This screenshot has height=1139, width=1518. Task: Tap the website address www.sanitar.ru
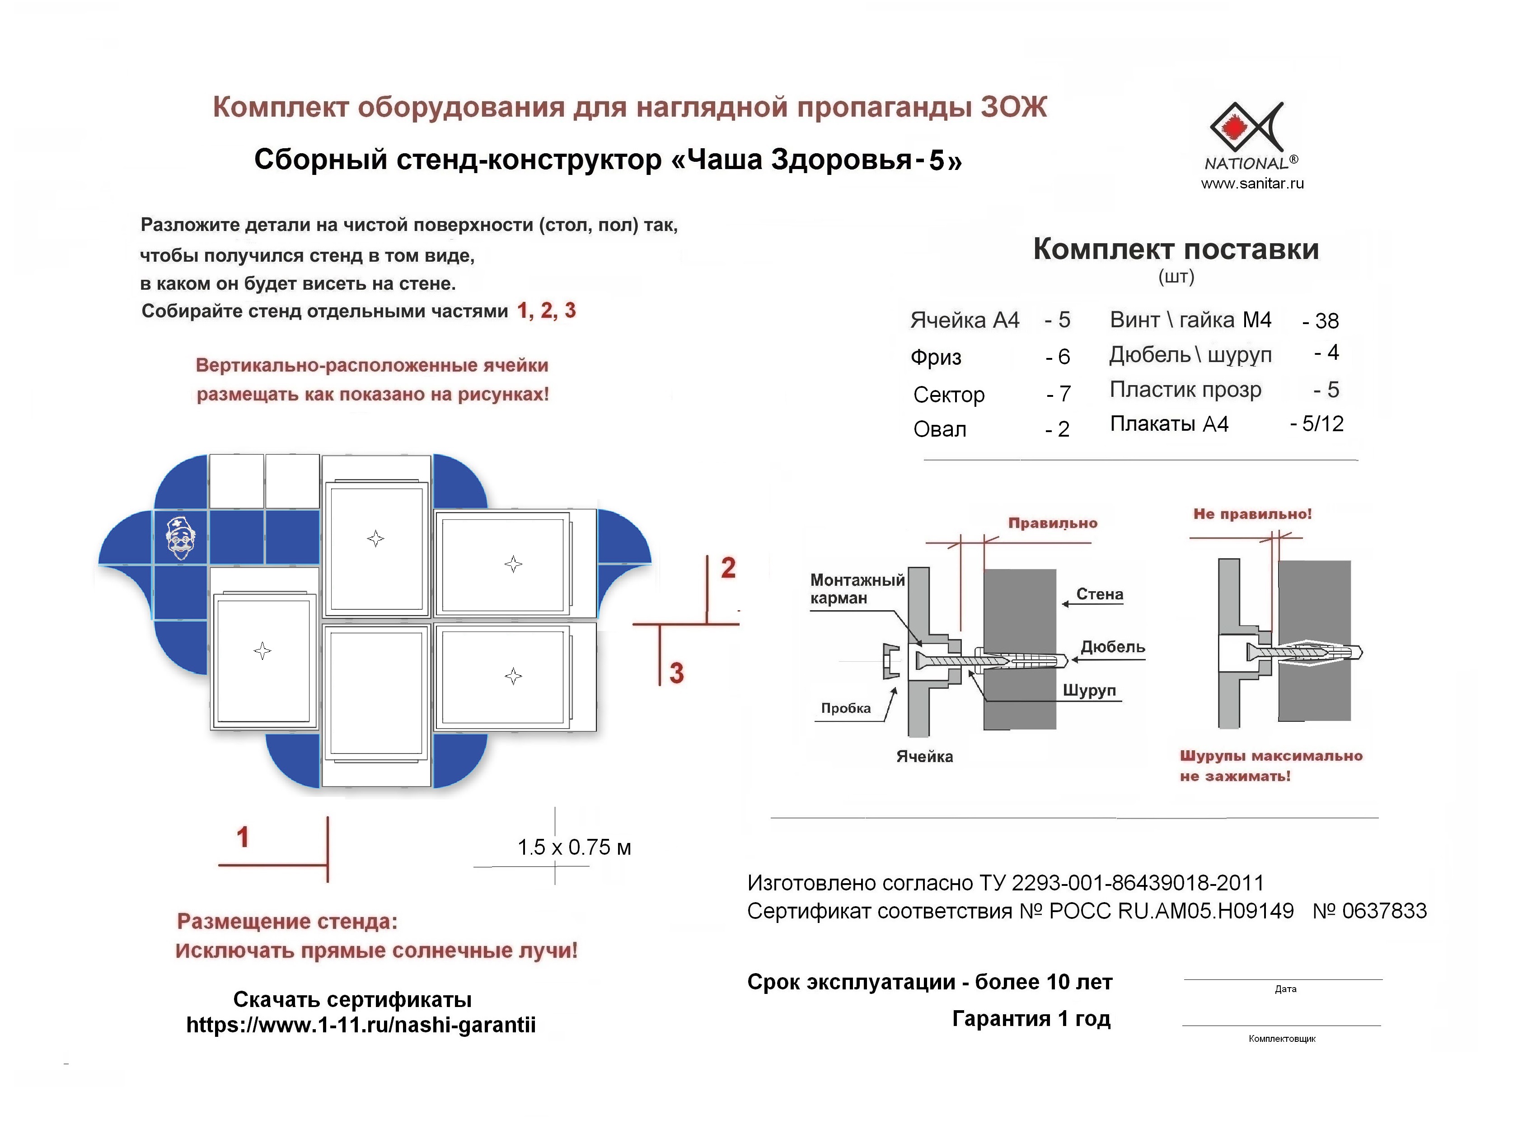coord(1252,184)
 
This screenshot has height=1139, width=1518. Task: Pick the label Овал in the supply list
coord(939,429)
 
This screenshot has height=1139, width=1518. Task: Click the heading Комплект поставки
coord(1176,249)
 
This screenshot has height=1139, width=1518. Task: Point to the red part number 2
coord(728,568)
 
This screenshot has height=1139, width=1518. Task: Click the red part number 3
coord(677,673)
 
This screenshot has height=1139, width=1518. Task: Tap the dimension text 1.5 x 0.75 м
coord(574,847)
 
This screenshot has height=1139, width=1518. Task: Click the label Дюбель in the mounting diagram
coord(1112,647)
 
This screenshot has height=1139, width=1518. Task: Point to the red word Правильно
coord(1052,523)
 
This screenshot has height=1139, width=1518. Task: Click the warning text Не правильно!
coord(1252,514)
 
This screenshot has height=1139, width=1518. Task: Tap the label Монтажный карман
coord(857,589)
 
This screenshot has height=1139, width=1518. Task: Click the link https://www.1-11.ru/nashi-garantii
coord(361,1025)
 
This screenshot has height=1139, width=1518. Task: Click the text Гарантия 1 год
coord(1031,1019)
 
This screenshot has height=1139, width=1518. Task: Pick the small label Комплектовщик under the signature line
coord(1282,1039)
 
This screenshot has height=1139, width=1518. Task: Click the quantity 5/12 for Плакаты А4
coord(1322,424)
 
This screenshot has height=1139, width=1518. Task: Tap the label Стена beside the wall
coord(1099,594)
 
